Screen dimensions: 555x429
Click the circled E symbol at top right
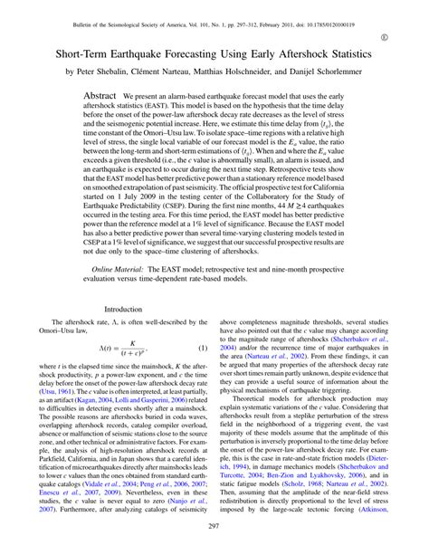(x=409, y=35)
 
